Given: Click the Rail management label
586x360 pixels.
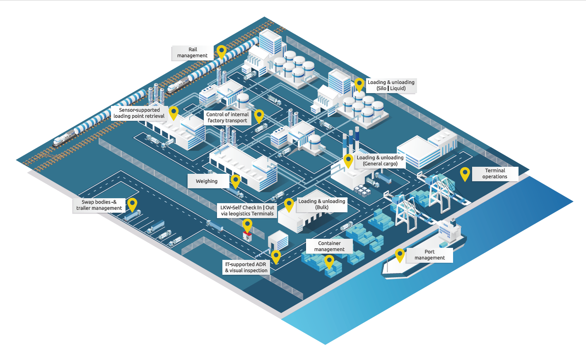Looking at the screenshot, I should (193, 53).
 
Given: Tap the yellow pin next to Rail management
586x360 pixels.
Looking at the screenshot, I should (222, 51).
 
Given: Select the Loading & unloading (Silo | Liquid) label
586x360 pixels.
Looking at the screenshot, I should (391, 85).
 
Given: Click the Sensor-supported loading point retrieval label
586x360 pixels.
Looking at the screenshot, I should (139, 113).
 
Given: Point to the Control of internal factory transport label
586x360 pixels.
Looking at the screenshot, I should (227, 118).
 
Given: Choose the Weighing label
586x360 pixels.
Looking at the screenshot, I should (207, 181).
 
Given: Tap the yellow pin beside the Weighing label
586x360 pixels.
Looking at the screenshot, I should (236, 180).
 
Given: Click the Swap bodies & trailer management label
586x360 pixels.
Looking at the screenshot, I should (99, 205).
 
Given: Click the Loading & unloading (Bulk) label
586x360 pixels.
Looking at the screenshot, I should (322, 204).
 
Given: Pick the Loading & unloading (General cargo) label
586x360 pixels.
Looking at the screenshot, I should (380, 161).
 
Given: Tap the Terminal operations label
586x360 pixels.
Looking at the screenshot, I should (495, 173).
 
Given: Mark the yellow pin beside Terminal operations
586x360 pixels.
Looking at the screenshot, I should (465, 173).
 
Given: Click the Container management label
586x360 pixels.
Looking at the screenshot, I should (329, 246).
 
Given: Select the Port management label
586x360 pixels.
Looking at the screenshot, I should (429, 254).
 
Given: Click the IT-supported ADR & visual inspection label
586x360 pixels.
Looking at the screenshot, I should (246, 267).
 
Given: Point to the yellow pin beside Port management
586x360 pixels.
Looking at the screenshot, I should (400, 254).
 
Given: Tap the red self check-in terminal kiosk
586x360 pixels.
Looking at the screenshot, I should (247, 236).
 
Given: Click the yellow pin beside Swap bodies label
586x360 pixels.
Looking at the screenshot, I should (132, 204).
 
